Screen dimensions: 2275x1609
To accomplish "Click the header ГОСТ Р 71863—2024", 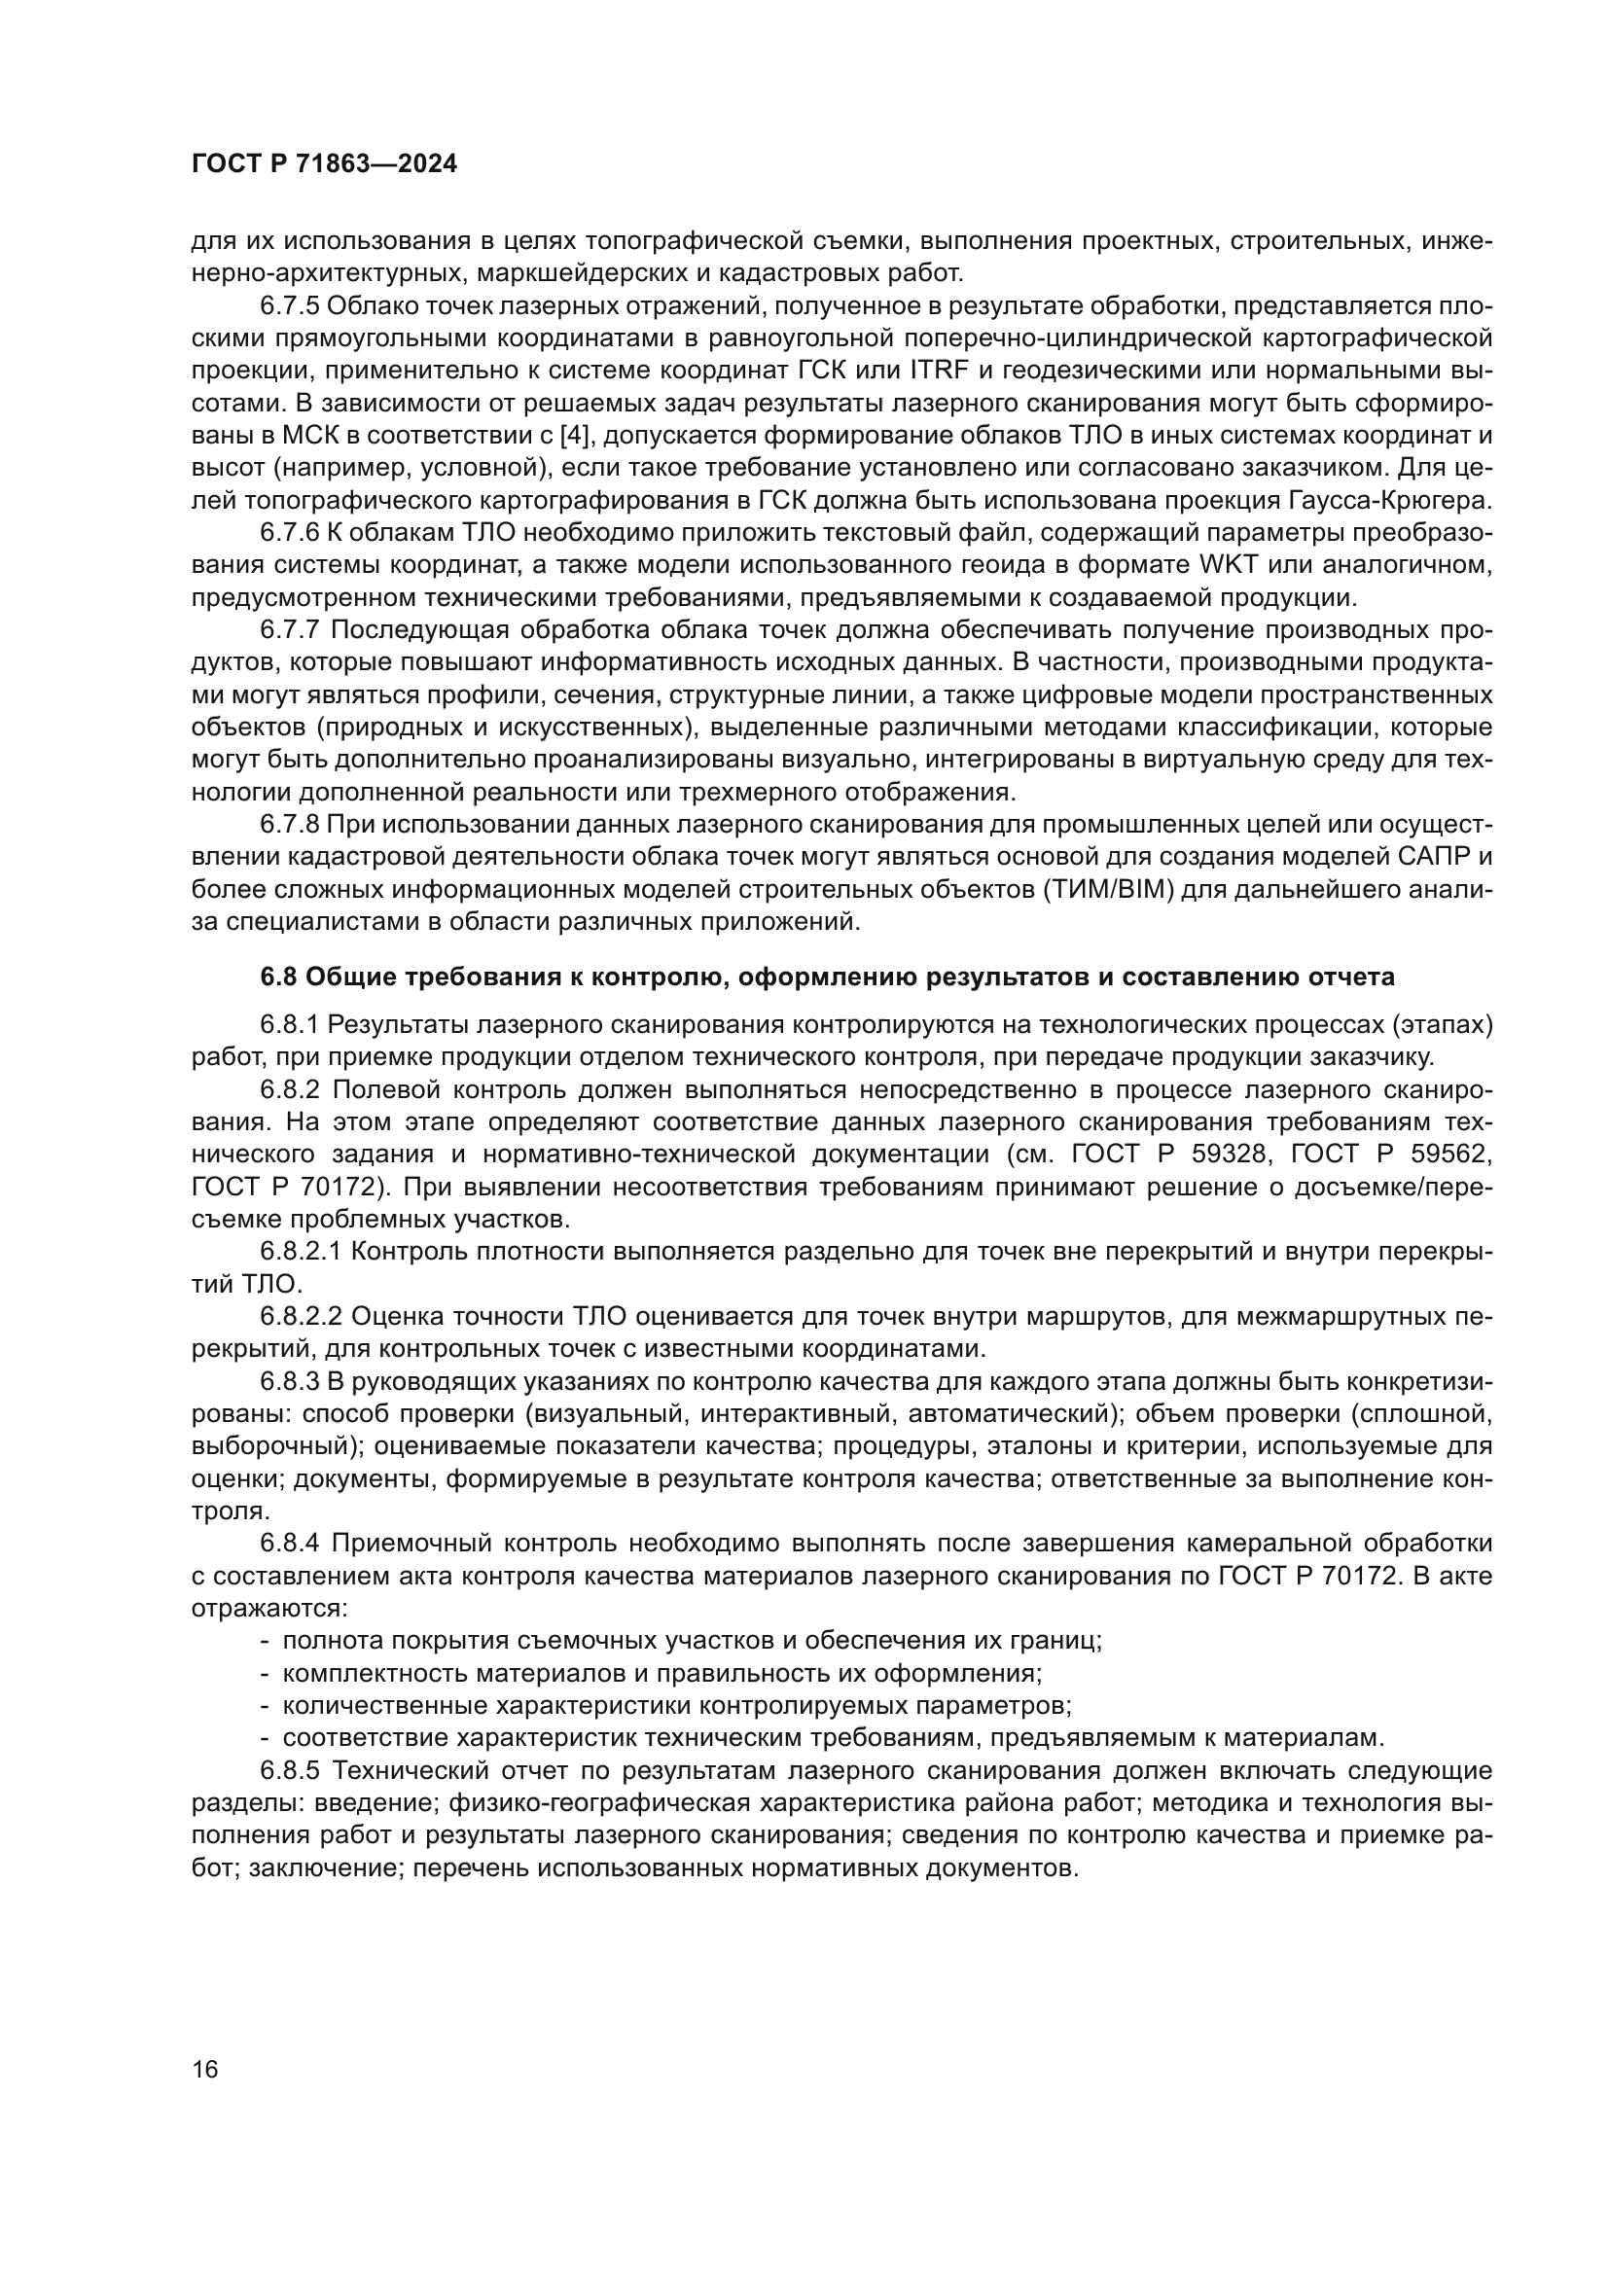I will pyautogui.click(x=324, y=164).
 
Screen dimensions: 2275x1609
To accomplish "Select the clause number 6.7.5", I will pyautogui.click(x=289, y=305).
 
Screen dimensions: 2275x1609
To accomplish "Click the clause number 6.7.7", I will pyautogui.click(x=289, y=630).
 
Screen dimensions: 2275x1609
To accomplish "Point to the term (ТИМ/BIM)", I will pyautogui.click(x=1110, y=890).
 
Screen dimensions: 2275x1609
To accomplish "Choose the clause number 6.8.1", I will pyautogui.click(x=289, y=1023).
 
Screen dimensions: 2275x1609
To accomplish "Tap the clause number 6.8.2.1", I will pyautogui.click(x=301, y=1252).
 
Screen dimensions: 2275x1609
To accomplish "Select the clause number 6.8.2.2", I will pyautogui.click(x=301, y=1317).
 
